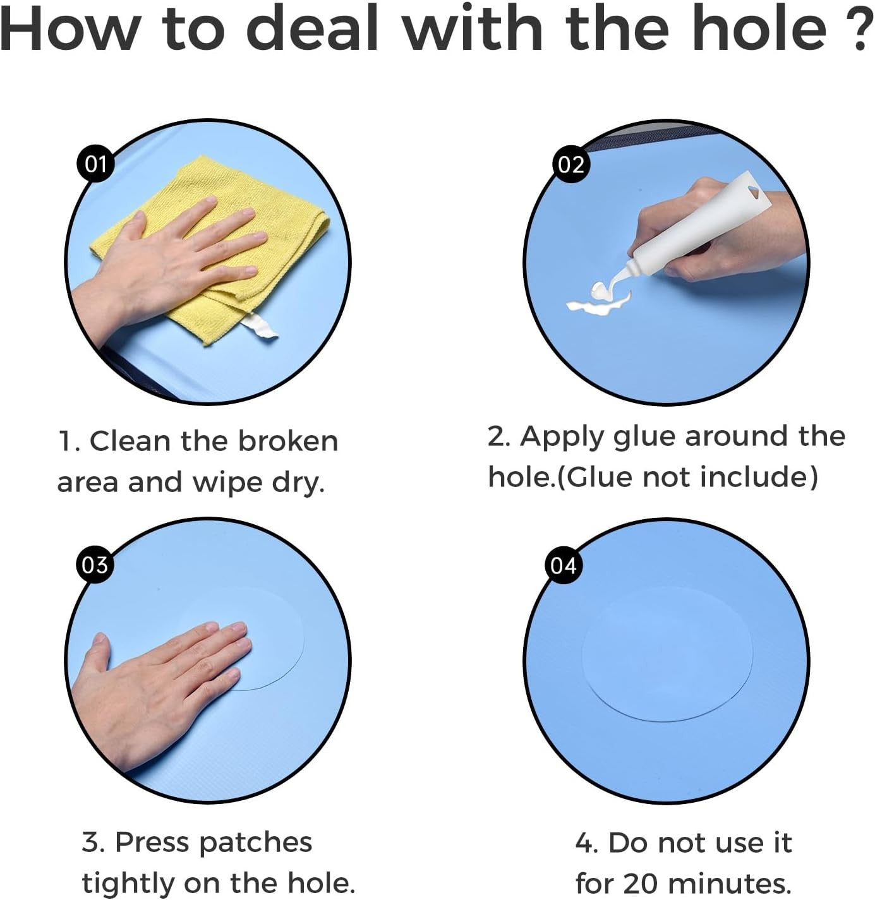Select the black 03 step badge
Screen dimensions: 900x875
[95, 565]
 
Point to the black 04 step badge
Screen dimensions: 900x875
[563, 565]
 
